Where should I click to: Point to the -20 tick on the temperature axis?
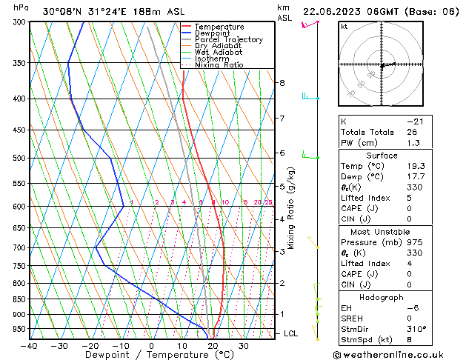(90, 345)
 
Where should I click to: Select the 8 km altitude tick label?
(282, 83)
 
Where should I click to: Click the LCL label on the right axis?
(292, 334)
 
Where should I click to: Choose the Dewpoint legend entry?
(212, 33)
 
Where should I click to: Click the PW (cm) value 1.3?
(412, 144)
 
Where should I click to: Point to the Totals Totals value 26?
(412, 133)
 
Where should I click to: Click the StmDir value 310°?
(416, 329)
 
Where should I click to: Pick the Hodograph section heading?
(382, 297)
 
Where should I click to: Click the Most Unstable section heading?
(382, 232)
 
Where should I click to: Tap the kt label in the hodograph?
(344, 27)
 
